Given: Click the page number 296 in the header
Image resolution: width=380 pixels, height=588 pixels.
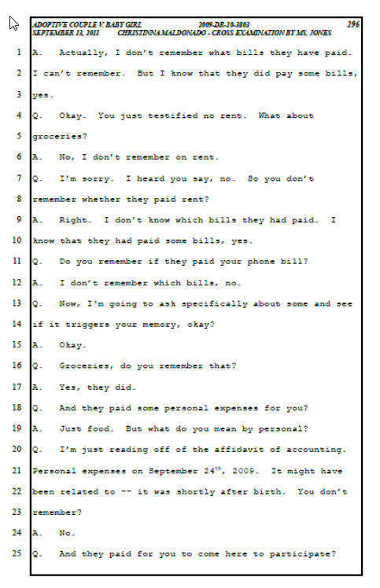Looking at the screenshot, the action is pos(353,24).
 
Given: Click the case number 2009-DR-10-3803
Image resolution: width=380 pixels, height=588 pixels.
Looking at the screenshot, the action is pos(224,24).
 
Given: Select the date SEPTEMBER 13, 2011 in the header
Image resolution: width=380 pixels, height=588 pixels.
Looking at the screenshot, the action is pos(66,33).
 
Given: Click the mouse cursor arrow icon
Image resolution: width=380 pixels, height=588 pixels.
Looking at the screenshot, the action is pos(13,24).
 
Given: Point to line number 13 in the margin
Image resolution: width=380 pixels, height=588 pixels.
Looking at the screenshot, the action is pos(17,303).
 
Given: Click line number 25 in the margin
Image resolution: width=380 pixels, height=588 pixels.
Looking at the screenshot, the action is pos(17,553).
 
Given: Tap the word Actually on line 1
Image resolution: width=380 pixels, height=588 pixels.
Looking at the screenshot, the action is pos(83,53).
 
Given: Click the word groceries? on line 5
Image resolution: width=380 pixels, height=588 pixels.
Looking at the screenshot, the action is pos(60,137).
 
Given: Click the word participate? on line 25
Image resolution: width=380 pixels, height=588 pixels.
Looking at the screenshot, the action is pos(302,554).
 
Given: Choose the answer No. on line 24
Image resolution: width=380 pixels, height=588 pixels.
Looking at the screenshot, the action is pos(67,533).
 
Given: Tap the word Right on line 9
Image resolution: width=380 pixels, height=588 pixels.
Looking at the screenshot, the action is pos(75,220).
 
